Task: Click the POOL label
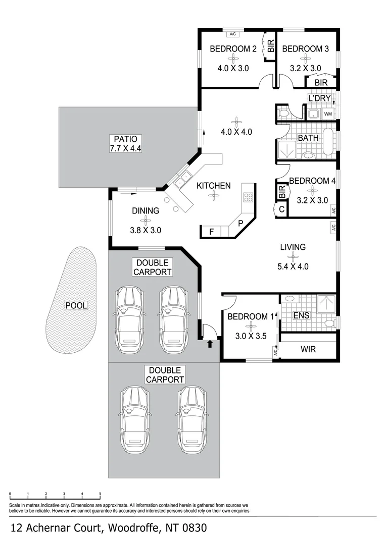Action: (76, 305)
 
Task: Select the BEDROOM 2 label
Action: (233, 49)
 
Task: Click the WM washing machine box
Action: (327, 115)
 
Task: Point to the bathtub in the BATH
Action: (328, 143)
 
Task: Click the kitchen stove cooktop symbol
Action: (248, 197)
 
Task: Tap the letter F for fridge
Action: (211, 232)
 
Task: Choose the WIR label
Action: (308, 349)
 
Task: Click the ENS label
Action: (301, 315)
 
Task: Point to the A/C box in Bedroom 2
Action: (233, 34)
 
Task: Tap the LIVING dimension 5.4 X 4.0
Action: (293, 267)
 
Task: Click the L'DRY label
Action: (319, 98)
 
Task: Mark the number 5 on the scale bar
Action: (100, 494)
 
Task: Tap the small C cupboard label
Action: (281, 208)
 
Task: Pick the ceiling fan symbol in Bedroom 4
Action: (312, 190)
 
